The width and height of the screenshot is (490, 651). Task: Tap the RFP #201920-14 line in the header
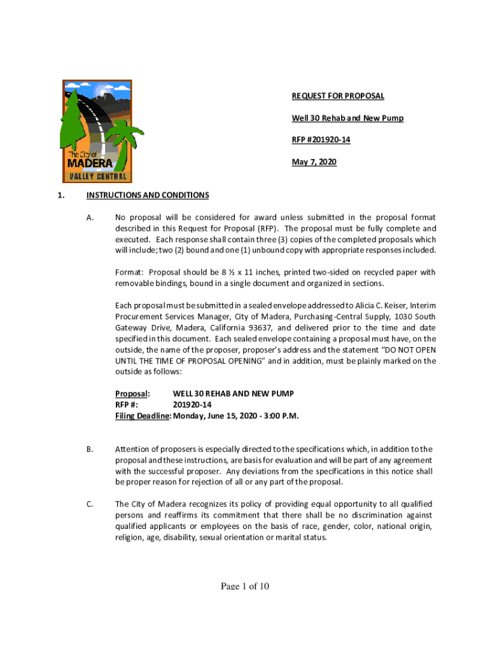[x=321, y=140]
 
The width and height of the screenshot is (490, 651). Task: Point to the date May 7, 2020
[x=314, y=162]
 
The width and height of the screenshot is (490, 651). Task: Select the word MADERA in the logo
[x=90, y=163]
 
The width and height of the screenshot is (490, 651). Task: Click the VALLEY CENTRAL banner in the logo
[x=97, y=175]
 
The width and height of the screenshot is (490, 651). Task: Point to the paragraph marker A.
[x=90, y=218]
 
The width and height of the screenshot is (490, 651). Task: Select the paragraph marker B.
[x=90, y=449]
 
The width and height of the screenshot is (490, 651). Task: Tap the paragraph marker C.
[x=90, y=505]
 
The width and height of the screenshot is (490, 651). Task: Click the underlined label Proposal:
[x=132, y=394]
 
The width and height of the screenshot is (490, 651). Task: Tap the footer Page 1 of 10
[x=245, y=586]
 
